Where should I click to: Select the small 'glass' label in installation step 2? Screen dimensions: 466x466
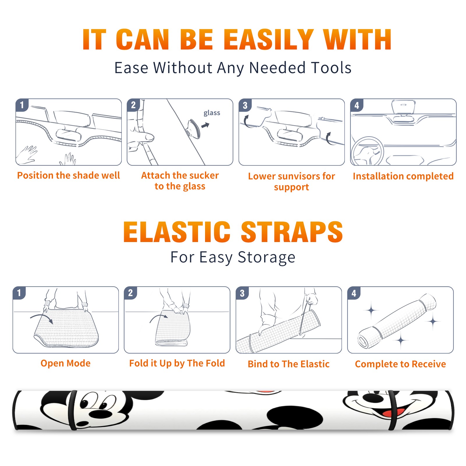point(212,113)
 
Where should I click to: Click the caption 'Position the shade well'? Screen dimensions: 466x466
point(68,175)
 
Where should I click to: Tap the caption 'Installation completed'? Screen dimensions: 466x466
point(403,176)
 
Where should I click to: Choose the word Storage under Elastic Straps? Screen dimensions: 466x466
point(266,257)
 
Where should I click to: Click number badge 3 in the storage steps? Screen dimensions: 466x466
point(242,293)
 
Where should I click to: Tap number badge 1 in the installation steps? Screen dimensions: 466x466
point(22,105)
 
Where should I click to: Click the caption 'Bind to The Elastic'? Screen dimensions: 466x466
point(289,364)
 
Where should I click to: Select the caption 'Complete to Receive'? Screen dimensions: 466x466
point(400,364)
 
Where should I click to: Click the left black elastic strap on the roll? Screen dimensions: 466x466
point(73,410)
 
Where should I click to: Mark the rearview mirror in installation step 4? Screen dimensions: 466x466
point(403,107)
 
